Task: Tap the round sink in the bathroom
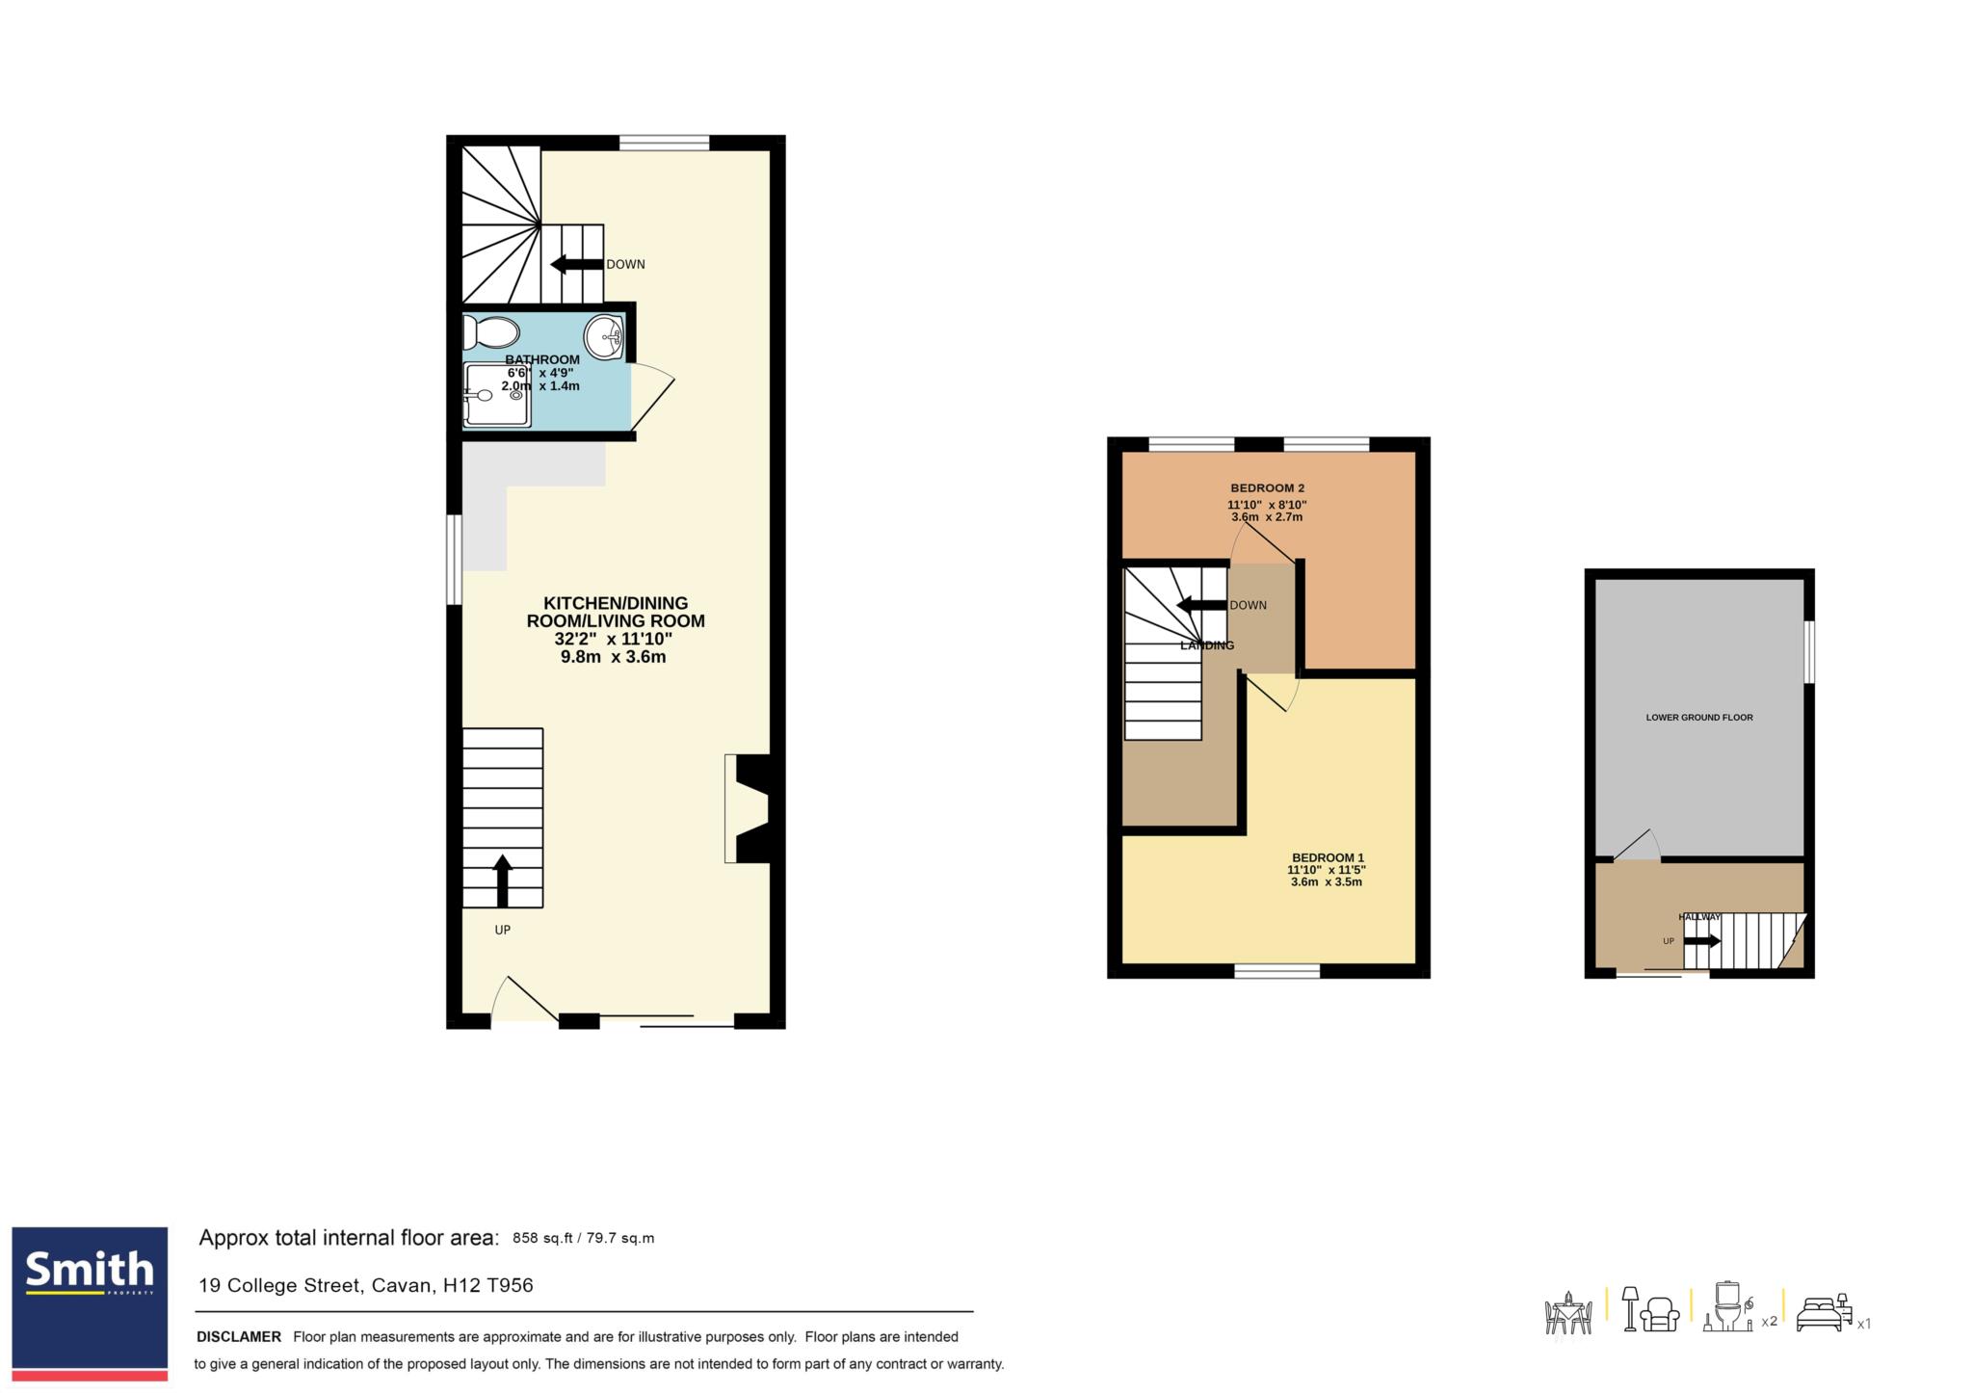point(604,337)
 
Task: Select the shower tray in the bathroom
point(496,395)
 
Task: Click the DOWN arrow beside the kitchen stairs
point(577,264)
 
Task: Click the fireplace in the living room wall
point(749,808)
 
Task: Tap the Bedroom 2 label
point(1267,487)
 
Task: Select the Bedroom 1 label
point(1328,857)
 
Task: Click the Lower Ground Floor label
point(1699,717)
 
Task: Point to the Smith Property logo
point(90,1302)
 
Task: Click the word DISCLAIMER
point(239,1336)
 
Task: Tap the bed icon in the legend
point(1824,1312)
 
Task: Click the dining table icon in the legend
point(1568,1313)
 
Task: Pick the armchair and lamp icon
point(1651,1310)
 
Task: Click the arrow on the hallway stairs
point(1701,940)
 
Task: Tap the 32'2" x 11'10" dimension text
point(613,639)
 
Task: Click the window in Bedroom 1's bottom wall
point(1277,971)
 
